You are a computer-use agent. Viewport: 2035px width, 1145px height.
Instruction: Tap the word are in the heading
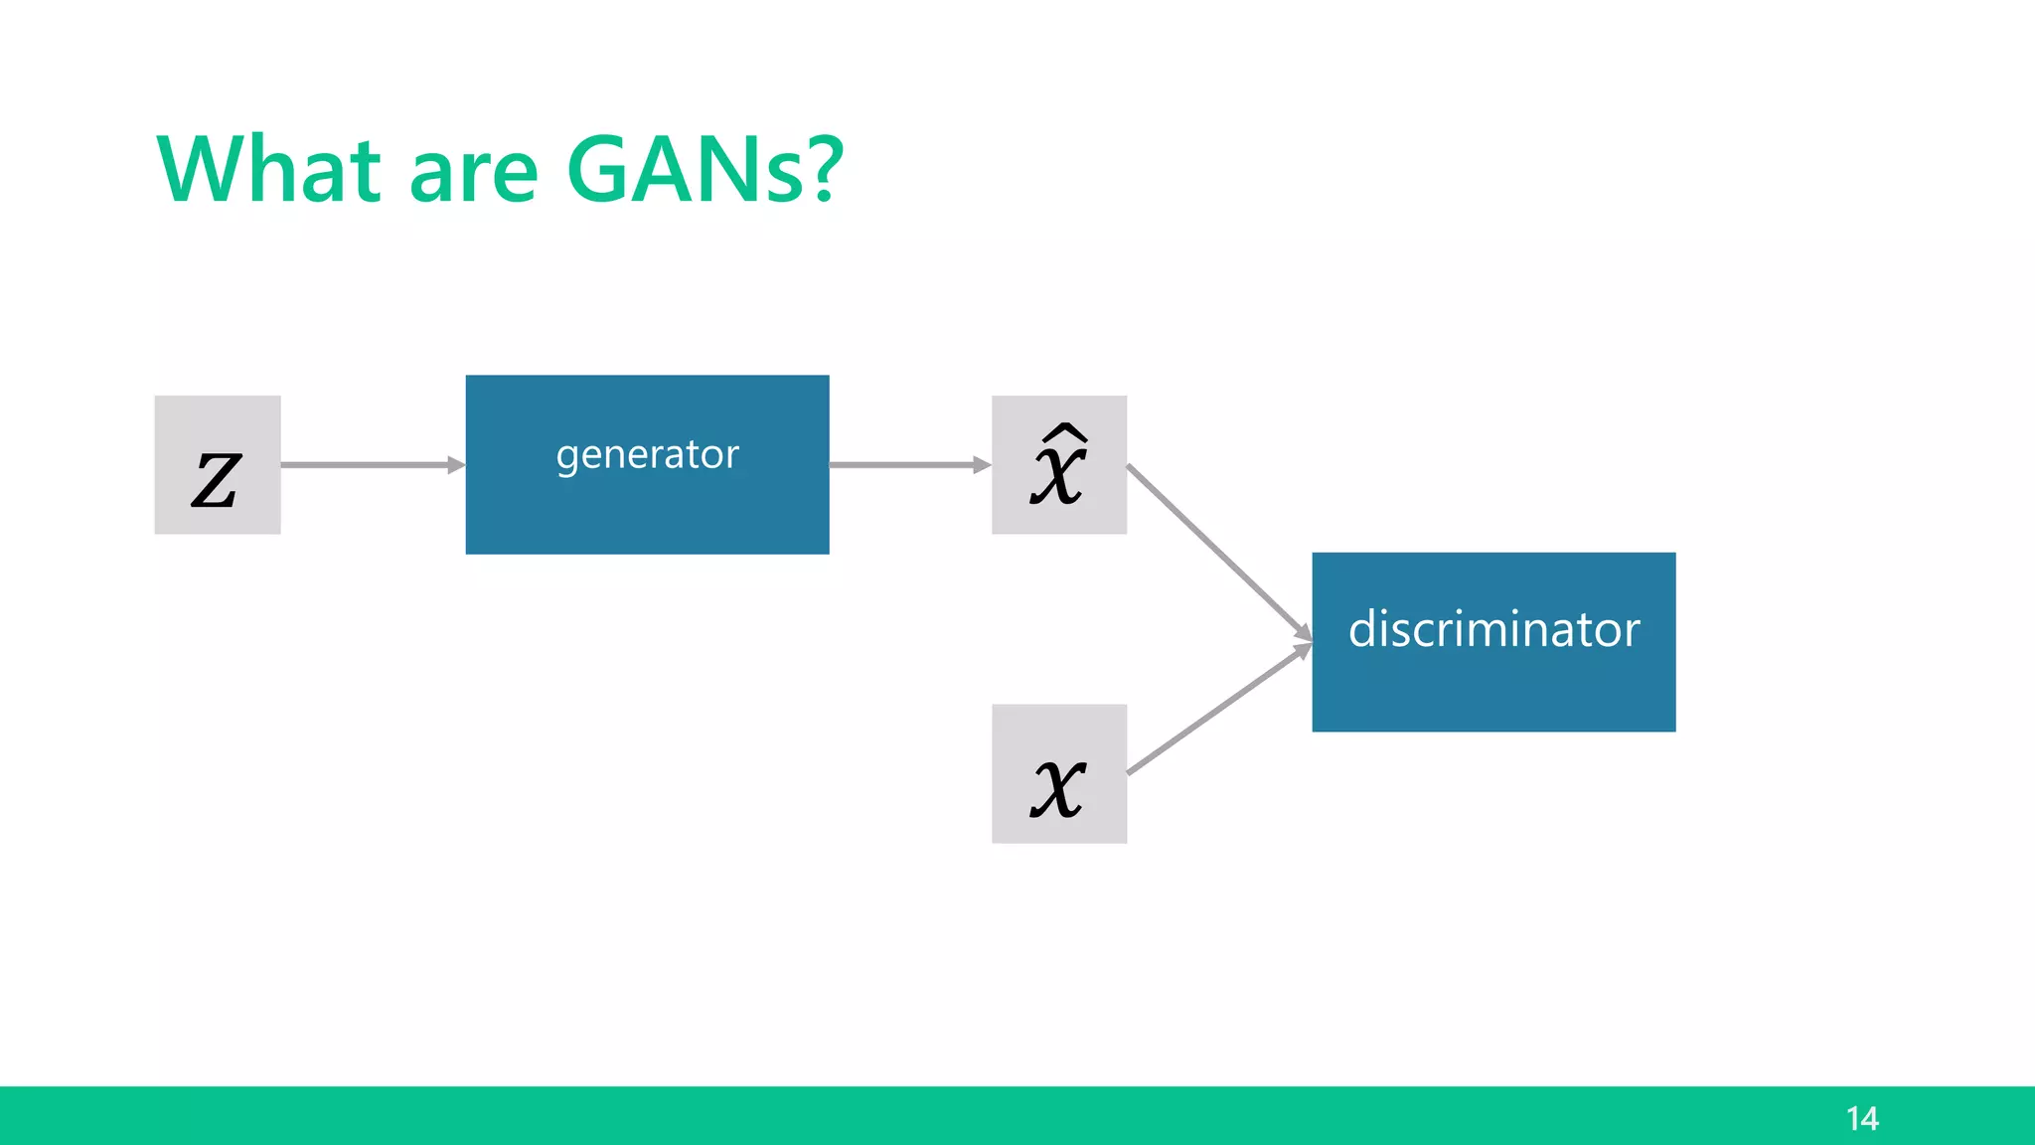pyautogui.click(x=473, y=171)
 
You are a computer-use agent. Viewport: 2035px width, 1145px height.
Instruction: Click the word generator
pyautogui.click(x=647, y=455)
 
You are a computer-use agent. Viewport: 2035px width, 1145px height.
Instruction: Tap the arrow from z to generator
pyautogui.click(x=368, y=465)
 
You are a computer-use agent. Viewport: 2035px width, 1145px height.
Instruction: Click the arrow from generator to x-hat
pyautogui.click(x=904, y=465)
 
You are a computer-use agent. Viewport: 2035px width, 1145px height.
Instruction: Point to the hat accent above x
pyautogui.click(x=1062, y=432)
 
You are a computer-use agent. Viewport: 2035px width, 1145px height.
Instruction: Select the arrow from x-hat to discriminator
pyautogui.click(x=1217, y=551)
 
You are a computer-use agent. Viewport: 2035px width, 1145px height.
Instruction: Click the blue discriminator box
pyautogui.click(x=1493, y=696)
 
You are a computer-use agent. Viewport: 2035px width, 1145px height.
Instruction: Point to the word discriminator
pyautogui.click(x=1493, y=629)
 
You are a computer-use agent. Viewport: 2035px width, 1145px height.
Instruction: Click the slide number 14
pyautogui.click(x=1862, y=1119)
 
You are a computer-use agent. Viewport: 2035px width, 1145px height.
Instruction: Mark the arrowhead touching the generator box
pyautogui.click(x=456, y=465)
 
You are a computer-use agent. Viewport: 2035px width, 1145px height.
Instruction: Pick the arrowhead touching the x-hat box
pyautogui.click(x=982, y=465)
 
